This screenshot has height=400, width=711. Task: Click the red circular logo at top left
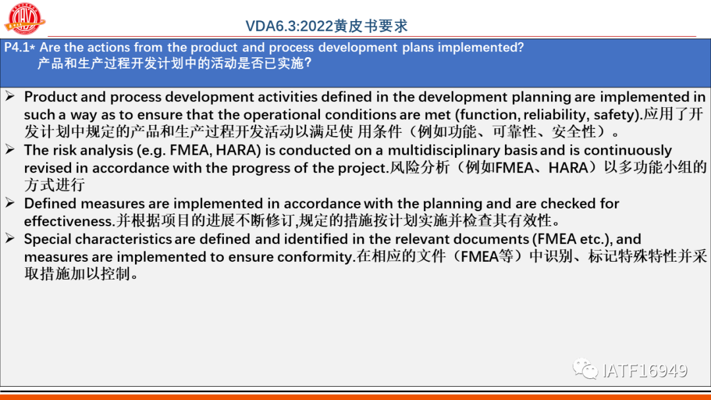(24, 18)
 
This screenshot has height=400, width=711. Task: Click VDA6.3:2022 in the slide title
(289, 26)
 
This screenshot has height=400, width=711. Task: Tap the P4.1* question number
(20, 47)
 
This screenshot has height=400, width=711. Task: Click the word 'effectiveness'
(68, 221)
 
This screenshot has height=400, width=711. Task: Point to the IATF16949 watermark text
(645, 370)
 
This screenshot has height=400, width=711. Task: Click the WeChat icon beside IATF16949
(585, 368)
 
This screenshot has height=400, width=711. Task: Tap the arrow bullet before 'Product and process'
(10, 96)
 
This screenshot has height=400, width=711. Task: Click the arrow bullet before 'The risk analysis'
(10, 149)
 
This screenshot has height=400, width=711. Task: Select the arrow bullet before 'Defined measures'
(10, 203)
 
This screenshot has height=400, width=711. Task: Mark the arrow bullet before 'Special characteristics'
(10, 238)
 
